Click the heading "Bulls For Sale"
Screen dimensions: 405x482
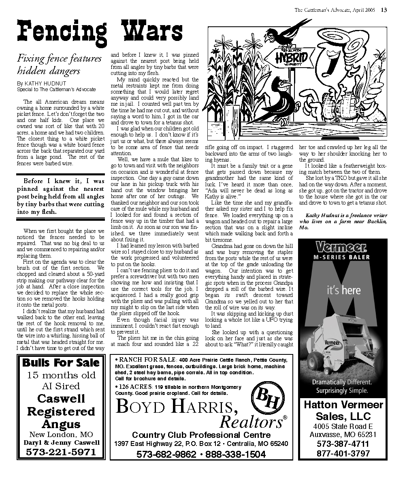61,362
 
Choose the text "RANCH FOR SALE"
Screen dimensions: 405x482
147,359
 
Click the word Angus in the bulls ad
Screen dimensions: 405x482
61,424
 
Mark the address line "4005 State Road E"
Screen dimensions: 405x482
343,426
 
